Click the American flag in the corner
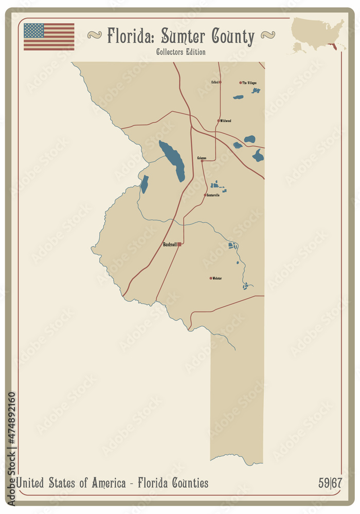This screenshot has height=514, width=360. click(x=49, y=36)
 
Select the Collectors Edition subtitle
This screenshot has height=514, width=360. click(x=181, y=52)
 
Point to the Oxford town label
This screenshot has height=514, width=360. click(x=215, y=82)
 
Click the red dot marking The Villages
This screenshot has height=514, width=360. click(x=240, y=82)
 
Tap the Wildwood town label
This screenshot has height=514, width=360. click(x=226, y=121)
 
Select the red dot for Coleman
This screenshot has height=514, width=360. click(x=202, y=161)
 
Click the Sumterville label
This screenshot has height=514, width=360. click(x=213, y=195)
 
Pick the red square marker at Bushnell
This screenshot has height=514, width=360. click(x=179, y=244)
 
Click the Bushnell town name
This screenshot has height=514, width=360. click(x=170, y=244)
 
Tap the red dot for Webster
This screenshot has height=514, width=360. click(x=211, y=278)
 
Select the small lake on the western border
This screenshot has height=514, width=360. click(x=145, y=184)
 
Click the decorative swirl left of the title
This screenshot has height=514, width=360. click(x=95, y=35)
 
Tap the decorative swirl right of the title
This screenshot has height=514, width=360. click(x=267, y=35)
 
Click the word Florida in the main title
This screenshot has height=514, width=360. click(x=130, y=36)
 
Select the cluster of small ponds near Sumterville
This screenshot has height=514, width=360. click(x=218, y=187)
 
